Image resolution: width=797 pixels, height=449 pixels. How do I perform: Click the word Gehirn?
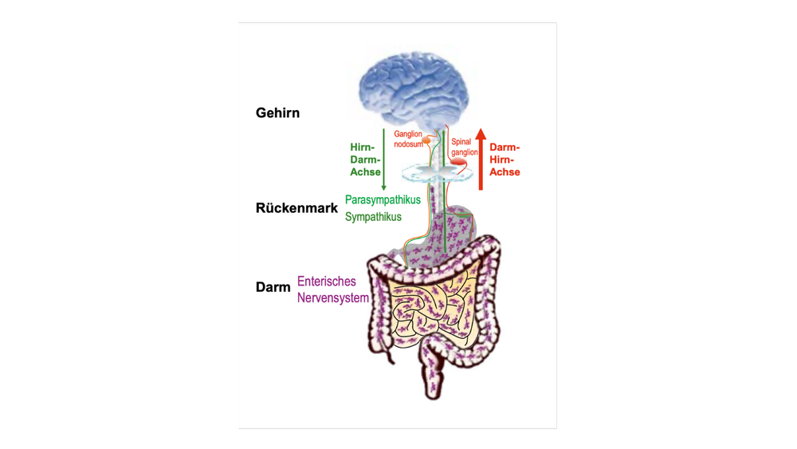coord(277,112)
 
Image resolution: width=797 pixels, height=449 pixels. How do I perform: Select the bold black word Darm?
coord(273,287)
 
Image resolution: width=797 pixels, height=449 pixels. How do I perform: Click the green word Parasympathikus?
coord(383,199)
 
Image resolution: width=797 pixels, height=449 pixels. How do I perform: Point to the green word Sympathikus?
coord(373,216)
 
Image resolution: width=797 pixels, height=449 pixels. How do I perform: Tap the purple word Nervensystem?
coord(333,297)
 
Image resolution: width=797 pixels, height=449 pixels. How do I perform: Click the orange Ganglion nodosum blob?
coord(429,140)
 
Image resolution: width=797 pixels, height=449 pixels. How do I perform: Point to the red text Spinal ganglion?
coord(465,147)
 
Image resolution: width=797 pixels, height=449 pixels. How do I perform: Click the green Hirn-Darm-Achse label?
coord(365,160)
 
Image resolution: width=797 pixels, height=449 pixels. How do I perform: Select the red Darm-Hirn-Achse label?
coord(505,160)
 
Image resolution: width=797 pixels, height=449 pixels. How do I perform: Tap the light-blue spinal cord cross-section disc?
coord(430,171)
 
